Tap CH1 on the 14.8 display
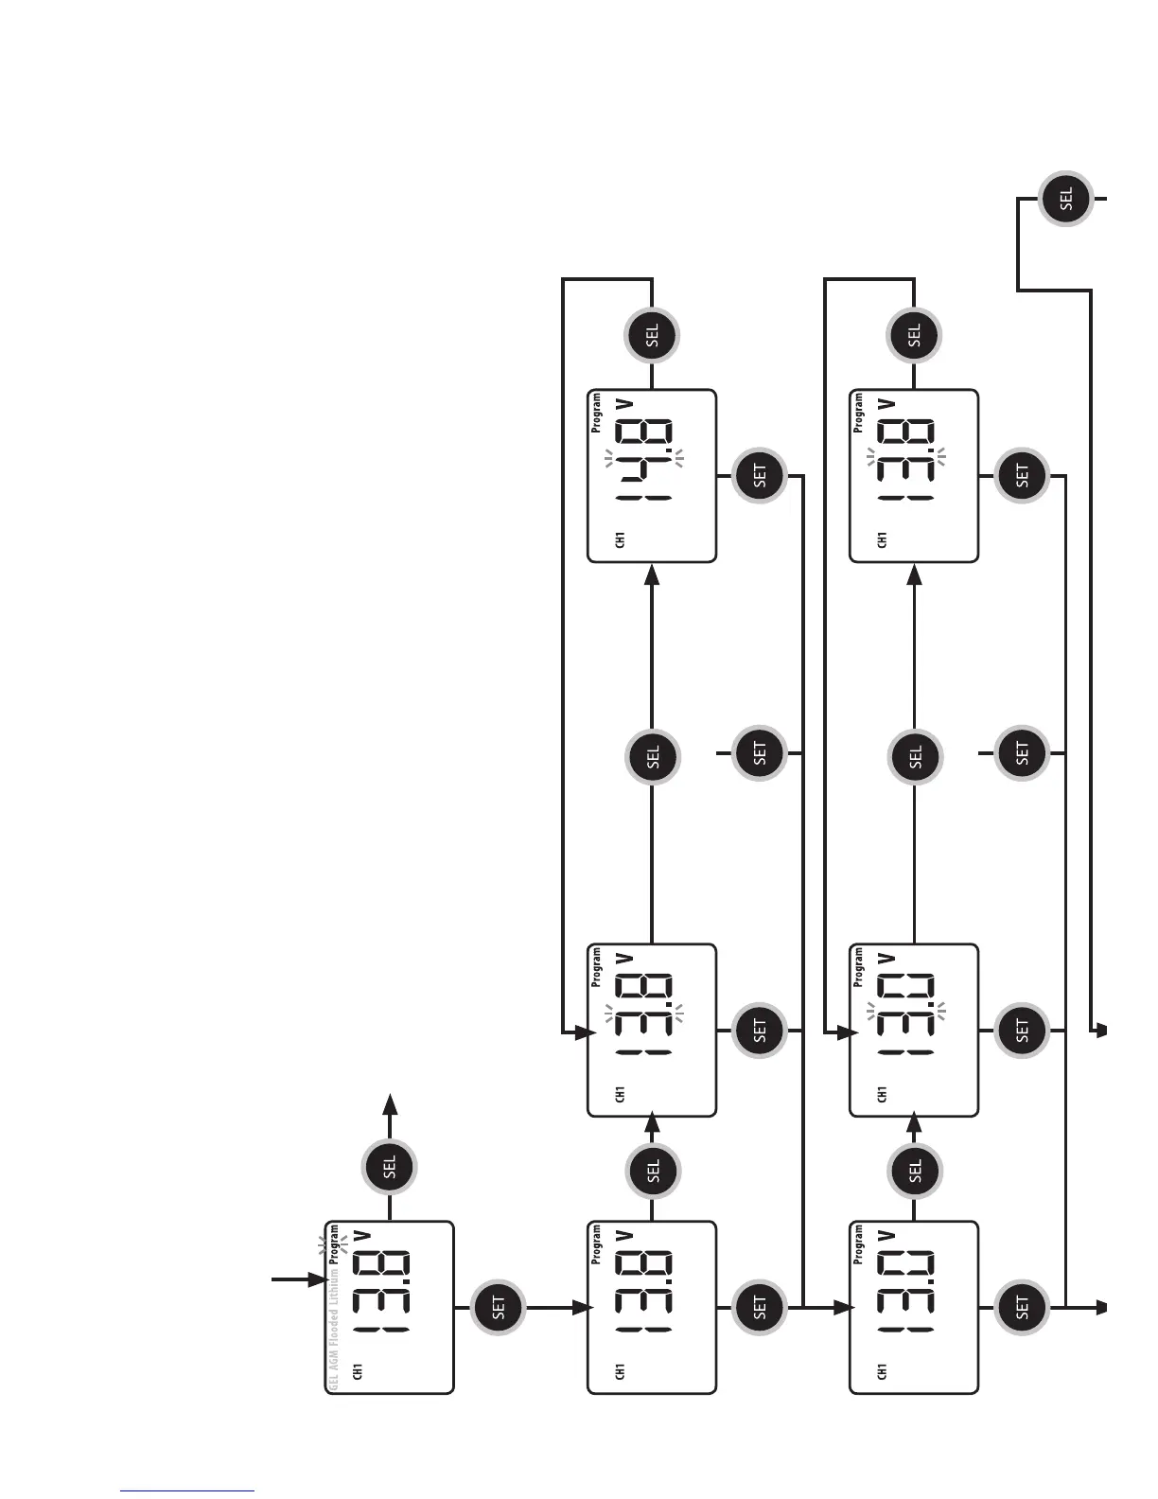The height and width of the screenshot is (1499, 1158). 621,540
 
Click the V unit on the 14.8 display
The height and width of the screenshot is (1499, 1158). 623,404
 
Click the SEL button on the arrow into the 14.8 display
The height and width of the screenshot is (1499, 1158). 653,756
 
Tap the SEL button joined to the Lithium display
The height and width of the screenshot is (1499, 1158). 390,1168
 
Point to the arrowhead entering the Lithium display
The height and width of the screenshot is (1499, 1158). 318,1280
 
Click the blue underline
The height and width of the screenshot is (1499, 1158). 187,1490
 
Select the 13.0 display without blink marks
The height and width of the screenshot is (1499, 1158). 914,1308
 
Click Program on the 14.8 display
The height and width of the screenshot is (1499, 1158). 596,414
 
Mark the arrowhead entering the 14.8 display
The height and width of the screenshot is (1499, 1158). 652,573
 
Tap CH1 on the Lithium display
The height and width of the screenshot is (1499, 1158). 359,1371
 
